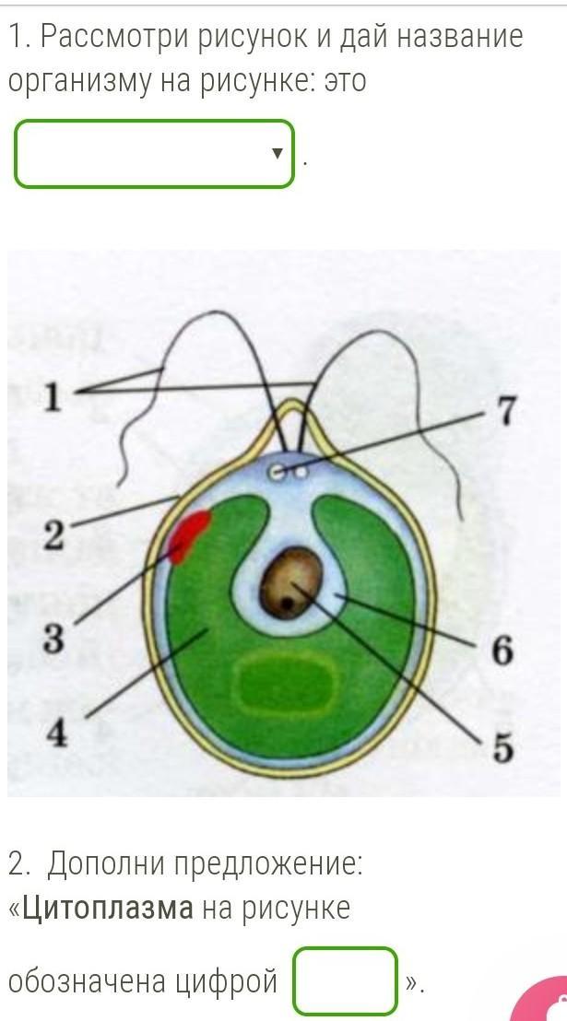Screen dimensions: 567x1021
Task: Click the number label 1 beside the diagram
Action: pos(53,397)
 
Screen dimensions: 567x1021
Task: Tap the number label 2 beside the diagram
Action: pos(54,535)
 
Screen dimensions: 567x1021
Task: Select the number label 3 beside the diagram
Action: pos(54,638)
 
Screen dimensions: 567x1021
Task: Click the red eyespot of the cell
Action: pos(188,535)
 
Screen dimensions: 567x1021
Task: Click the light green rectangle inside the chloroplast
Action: pos(285,685)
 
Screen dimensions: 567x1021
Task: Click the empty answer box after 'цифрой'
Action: pos(345,981)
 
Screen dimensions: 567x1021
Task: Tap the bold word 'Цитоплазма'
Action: pos(108,908)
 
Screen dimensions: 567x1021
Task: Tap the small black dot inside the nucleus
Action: pos(289,604)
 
